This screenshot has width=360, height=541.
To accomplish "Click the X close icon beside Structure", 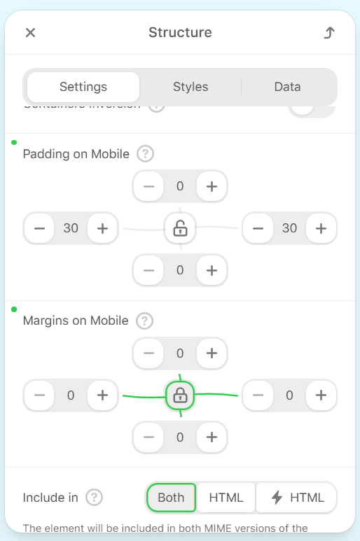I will (30, 33).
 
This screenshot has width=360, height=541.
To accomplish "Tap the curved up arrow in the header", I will (329, 33).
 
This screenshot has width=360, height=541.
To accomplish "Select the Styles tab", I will (191, 87).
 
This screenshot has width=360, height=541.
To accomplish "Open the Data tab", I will (287, 87).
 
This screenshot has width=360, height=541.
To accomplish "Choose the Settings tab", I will (83, 87).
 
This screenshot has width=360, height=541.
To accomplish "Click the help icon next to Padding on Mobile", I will (145, 154).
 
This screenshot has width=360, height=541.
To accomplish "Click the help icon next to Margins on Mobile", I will (144, 321).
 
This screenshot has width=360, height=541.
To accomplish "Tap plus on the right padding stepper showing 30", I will (321, 228).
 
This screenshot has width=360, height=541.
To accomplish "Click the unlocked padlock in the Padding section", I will (180, 228).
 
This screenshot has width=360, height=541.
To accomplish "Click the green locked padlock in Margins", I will (180, 395).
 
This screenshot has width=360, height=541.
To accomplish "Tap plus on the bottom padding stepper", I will (212, 270).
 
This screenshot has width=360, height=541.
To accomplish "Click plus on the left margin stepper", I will (102, 395).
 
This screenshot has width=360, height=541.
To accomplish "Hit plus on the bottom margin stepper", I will (212, 437).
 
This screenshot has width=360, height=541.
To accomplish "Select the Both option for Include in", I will (171, 498).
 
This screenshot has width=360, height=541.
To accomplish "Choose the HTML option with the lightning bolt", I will (297, 498).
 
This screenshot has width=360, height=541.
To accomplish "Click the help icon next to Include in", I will (95, 498).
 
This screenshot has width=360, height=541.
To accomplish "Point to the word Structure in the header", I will (180, 33).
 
